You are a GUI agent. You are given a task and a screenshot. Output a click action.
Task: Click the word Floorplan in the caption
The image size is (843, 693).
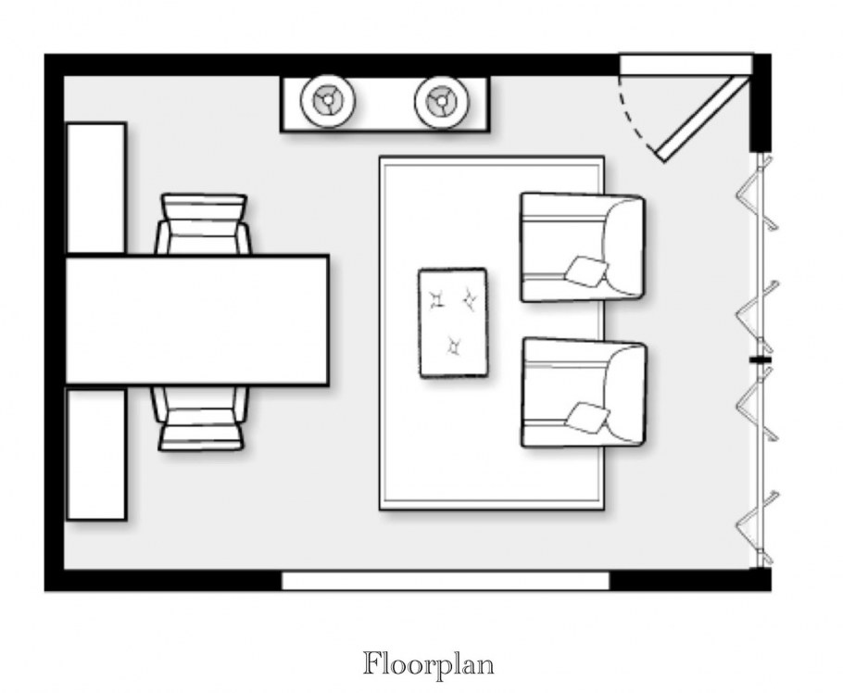coord(428,664)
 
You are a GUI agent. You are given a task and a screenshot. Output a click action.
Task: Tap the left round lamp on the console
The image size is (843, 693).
coord(327,101)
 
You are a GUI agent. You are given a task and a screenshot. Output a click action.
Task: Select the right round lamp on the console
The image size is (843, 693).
coord(442,102)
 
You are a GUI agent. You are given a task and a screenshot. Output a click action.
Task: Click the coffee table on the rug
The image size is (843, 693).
coord(453,322)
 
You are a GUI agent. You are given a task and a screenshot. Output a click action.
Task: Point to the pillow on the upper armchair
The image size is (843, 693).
coord(586,271)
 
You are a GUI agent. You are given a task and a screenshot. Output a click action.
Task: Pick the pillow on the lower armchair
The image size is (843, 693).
coord(588,417)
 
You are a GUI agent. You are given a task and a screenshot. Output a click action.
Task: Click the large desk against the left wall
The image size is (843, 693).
coord(196,321)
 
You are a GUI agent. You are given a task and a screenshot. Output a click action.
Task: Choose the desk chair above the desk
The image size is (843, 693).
coord(203,223)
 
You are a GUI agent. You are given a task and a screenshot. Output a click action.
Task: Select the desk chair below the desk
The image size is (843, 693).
coord(201,418)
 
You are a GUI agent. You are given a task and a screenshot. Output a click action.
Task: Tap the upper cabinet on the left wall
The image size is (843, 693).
coord(95,188)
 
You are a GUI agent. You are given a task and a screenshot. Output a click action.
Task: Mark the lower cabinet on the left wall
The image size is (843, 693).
coord(95,454)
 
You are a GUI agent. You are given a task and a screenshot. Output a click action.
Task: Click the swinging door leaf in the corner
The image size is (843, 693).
coord(698,118)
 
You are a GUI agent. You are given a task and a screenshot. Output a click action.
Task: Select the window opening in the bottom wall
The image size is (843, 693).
coord(446,581)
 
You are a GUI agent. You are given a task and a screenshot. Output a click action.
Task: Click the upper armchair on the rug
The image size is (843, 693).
coord(583,247)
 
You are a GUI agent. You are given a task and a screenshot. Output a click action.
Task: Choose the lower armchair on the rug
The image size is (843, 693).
coord(584,393)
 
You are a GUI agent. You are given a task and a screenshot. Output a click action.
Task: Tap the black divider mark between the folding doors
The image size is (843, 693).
coord(761,359)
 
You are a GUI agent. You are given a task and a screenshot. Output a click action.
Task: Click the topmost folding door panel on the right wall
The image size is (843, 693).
coord(757,193)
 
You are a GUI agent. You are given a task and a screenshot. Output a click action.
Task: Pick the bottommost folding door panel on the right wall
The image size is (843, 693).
coord(757,528)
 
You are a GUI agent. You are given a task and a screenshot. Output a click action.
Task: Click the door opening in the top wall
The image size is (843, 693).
coord(686,64)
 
